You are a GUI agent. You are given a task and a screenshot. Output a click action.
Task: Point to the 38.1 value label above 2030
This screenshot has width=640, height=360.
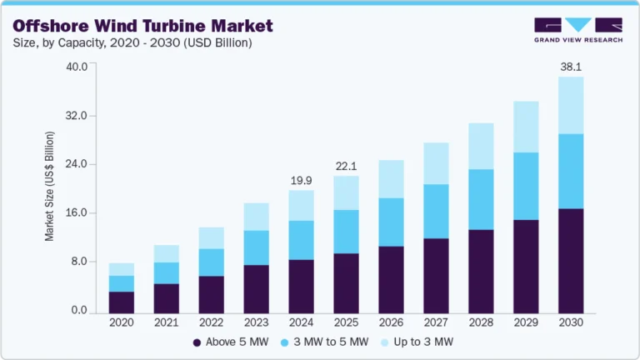point(571,66)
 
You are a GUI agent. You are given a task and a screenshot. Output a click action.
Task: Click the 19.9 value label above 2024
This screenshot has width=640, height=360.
point(301,179)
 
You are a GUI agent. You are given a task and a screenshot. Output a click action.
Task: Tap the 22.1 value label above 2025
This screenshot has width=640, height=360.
point(346,165)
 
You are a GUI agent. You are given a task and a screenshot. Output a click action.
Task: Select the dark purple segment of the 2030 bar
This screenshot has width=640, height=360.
point(571,260)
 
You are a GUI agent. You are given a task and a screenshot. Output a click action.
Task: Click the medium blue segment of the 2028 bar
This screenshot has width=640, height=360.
point(481,199)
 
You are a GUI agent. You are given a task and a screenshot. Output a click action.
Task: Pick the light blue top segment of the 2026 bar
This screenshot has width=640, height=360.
point(391,178)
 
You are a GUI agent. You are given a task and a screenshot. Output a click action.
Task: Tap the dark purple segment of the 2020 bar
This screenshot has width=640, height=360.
point(121,302)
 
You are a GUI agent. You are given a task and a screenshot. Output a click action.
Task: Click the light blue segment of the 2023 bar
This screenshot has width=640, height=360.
point(256,217)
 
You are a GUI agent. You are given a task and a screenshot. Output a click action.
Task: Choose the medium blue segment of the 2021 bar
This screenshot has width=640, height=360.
point(166,272)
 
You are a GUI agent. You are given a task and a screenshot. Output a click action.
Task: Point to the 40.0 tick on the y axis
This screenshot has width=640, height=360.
point(77,67)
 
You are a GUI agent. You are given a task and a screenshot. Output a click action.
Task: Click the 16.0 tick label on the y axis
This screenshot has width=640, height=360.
point(77,213)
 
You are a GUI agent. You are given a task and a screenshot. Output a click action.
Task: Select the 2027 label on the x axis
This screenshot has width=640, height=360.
point(436,322)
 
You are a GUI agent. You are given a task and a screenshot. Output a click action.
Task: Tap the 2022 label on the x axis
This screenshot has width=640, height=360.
point(211,322)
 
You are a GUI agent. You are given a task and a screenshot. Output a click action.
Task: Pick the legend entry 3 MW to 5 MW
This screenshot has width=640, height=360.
point(325,342)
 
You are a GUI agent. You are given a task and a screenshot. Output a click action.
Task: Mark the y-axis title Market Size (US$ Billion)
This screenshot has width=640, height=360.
point(49,186)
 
